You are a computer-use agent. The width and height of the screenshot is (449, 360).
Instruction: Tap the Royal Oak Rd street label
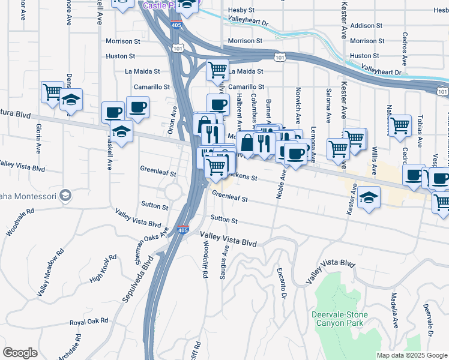tap(89, 322)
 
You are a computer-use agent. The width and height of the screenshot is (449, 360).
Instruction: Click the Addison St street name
tap(366, 26)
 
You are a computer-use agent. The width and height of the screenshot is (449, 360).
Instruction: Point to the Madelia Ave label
tap(394, 310)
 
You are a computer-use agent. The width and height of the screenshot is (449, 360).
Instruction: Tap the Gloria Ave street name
tap(38, 139)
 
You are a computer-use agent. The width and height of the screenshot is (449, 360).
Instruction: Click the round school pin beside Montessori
tap(66, 196)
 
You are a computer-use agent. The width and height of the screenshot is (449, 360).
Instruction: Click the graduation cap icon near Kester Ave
tap(369, 198)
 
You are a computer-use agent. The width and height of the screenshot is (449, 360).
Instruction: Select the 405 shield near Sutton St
tap(182, 230)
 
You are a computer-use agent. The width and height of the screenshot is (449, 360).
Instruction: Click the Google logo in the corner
tap(20, 353)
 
